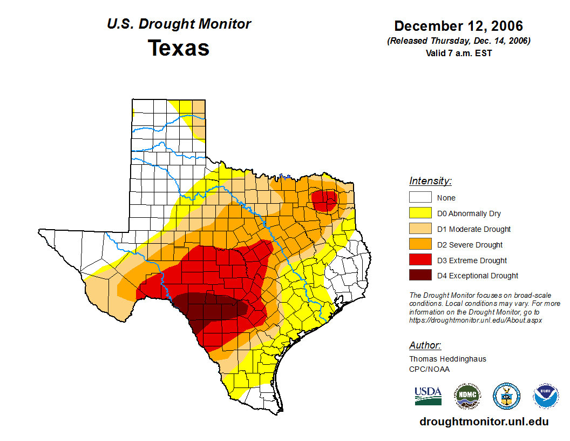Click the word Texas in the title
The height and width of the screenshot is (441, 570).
click(179, 48)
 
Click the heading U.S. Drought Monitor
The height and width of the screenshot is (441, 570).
click(179, 24)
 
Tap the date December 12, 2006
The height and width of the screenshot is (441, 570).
click(458, 26)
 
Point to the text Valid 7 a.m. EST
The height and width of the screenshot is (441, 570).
click(458, 53)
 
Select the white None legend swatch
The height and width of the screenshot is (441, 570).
click(420, 198)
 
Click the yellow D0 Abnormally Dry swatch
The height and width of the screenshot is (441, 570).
click(420, 213)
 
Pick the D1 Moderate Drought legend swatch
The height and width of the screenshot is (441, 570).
click(420, 229)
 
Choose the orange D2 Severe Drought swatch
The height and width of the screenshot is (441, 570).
click(420, 245)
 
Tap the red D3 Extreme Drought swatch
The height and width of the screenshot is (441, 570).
click(420, 260)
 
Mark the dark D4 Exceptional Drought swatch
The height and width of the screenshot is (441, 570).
click(420, 276)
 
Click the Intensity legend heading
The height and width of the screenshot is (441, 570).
click(430, 181)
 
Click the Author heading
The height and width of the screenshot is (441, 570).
click(425, 345)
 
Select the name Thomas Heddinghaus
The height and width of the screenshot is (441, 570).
click(447, 359)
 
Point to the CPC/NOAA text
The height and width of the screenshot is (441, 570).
click(429, 369)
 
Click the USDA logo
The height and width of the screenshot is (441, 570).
click(428, 396)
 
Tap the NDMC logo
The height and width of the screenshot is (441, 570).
click(467, 396)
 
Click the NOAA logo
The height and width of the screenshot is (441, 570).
click(546, 396)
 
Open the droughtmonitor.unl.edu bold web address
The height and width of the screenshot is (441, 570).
click(484, 422)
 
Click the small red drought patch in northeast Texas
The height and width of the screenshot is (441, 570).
click(325, 201)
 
